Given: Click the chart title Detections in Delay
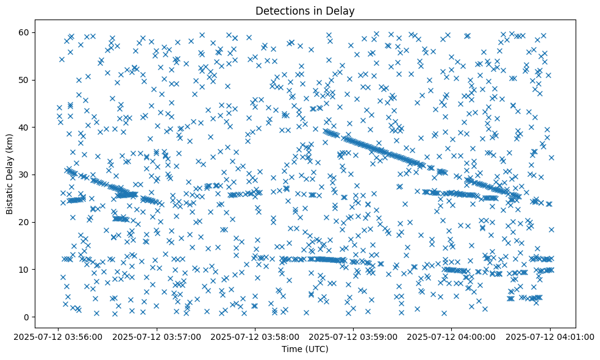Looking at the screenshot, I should tap(305, 10).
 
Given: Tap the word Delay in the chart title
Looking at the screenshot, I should tap(342, 10).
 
